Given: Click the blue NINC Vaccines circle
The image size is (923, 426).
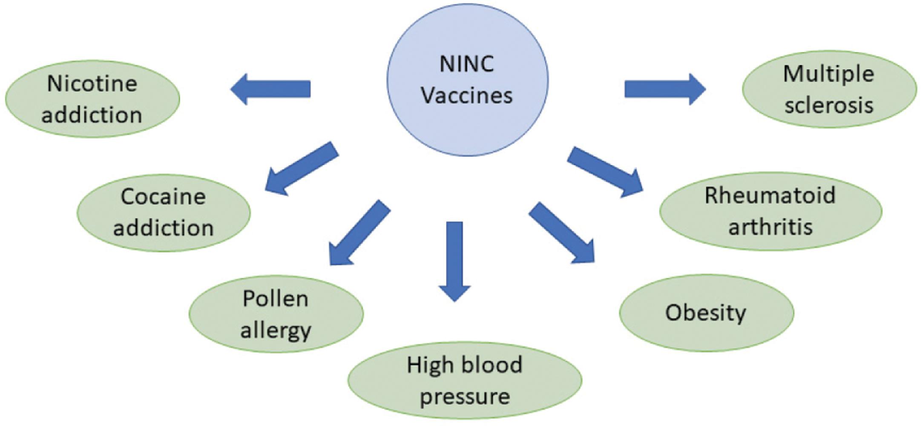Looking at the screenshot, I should coord(467,81).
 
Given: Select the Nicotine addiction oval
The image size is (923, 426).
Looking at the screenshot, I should coord(92,99).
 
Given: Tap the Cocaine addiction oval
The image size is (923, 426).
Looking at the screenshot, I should coord(164,212).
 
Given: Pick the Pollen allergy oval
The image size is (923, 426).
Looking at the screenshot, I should coord(276,314).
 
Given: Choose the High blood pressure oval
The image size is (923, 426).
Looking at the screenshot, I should coord(465,380).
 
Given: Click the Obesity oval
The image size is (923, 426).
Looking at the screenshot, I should coord(706,313).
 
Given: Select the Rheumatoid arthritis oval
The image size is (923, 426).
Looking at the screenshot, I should coord(770,211).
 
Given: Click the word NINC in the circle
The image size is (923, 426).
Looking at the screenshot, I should coord(467,65).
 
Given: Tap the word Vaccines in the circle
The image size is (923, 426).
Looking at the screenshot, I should coord(467,95).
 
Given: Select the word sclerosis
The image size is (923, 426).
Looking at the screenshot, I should coord(829,105).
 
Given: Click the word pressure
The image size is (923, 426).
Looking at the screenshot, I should coord(465,396).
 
